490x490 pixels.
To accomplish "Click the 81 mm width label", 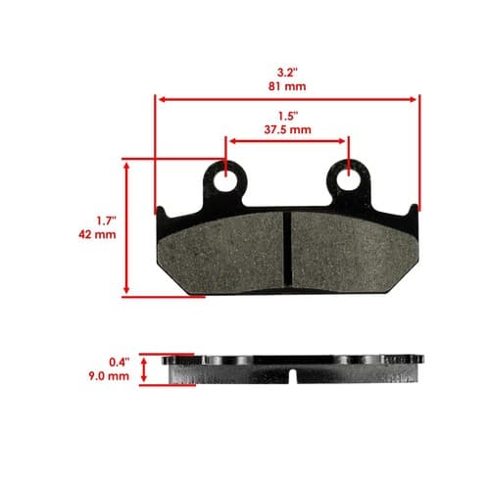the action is pos(287,86).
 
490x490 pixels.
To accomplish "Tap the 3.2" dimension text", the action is pos(287,73).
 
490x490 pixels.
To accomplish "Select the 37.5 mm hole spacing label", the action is pos(287,129).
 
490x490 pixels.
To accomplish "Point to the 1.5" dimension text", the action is pos(288,116).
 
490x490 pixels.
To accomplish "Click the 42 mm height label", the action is pos(97,234).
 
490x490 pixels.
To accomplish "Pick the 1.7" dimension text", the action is pos(106,220).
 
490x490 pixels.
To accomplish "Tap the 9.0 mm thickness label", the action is pos(109,376).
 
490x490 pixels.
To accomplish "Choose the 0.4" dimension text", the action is pos(120,362).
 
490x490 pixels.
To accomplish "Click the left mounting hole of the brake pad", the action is pos(225,180).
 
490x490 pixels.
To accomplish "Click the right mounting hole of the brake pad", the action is pos(349,179).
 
